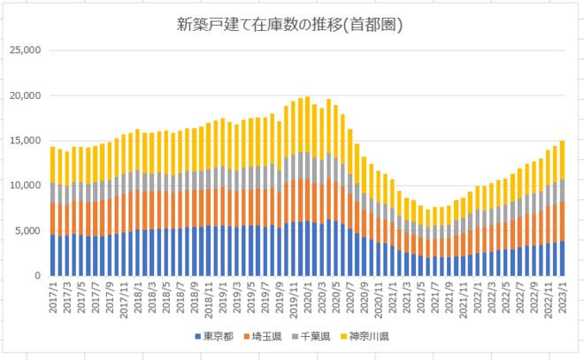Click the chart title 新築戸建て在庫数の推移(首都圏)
291,26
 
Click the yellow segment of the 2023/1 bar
561,159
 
